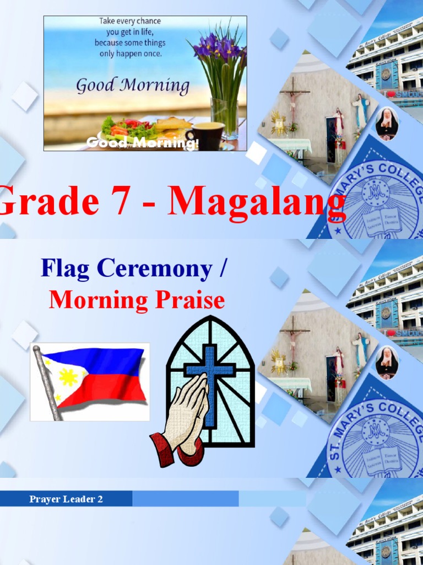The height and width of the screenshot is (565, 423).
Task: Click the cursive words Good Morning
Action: (132, 86)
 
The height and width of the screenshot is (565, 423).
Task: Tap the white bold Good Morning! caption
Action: (142, 143)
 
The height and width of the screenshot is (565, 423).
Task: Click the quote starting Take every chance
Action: (130, 38)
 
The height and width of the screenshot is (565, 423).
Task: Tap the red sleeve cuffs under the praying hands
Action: (165, 450)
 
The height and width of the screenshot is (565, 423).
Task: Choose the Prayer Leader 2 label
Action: (66, 499)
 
